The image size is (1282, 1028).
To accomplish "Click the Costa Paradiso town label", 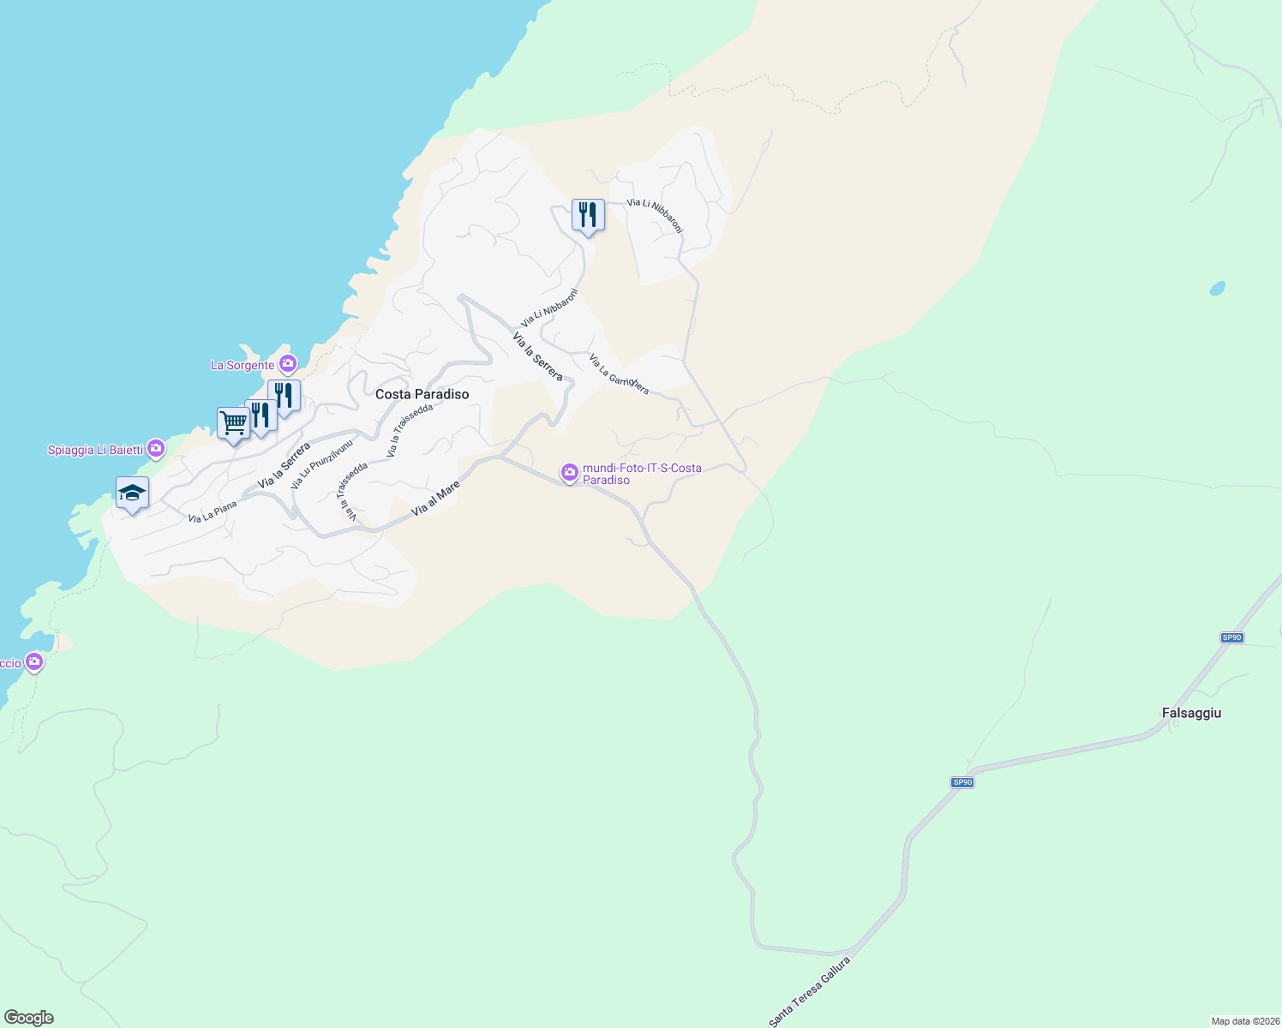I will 422,394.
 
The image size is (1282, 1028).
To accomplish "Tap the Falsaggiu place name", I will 1191,713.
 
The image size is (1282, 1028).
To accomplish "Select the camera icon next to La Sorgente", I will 288,364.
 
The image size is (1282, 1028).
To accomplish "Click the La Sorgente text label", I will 243,366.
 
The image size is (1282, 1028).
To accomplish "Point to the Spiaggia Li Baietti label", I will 94,450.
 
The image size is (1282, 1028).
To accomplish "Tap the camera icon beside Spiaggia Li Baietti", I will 156,448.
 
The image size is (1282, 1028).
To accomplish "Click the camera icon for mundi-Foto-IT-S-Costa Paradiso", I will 569,472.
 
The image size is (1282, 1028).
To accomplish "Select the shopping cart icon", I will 233,423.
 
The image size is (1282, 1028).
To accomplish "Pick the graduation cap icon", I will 132,493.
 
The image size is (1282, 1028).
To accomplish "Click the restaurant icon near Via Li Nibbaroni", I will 588,215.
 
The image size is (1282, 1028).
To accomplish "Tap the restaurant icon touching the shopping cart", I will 261,415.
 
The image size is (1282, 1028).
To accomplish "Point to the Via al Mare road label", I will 435,498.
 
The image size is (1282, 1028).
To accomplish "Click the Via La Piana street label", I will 212,512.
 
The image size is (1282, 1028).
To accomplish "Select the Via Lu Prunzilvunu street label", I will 321,464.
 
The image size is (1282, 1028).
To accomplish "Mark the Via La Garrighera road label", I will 618,374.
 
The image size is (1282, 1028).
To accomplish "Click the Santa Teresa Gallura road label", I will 809,991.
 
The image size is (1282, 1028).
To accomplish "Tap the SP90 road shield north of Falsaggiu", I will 1231,637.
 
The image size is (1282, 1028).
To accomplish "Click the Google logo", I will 29,1018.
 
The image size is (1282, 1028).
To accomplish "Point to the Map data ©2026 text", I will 1244,1021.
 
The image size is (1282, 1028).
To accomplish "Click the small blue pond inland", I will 1217,289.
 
